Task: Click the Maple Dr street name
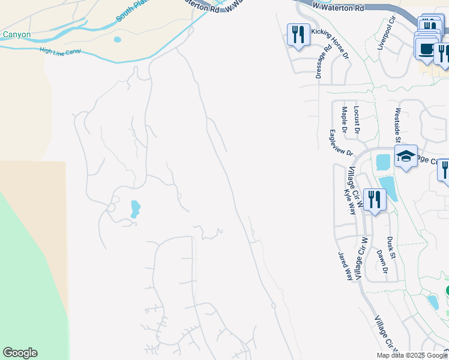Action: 345,119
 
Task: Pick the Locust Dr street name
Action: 357,119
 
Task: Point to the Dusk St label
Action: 391,247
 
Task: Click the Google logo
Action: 20,353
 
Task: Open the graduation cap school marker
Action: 406,157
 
